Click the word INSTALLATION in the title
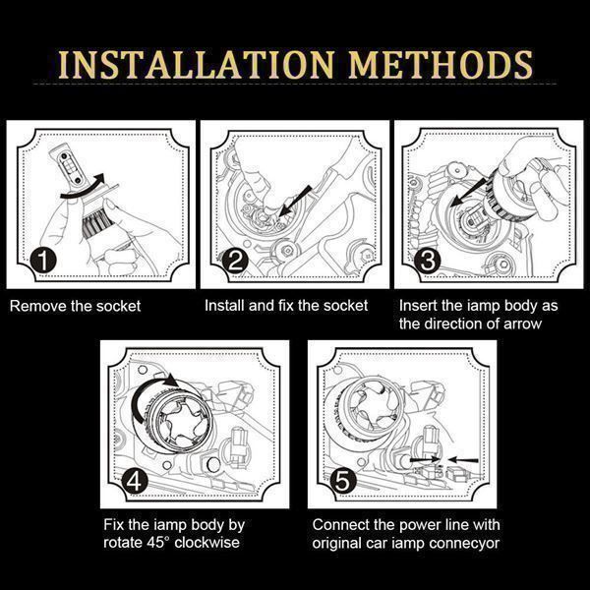[197, 64]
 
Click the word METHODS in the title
[441, 64]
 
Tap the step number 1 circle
[43, 260]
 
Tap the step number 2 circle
[235, 261]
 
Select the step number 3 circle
[427, 261]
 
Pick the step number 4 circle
[135, 481]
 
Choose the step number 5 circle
[343, 481]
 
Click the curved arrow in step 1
[83, 189]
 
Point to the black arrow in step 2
[295, 202]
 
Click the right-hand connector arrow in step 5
[463, 460]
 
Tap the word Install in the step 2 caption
[224, 306]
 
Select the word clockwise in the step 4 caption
[206, 543]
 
